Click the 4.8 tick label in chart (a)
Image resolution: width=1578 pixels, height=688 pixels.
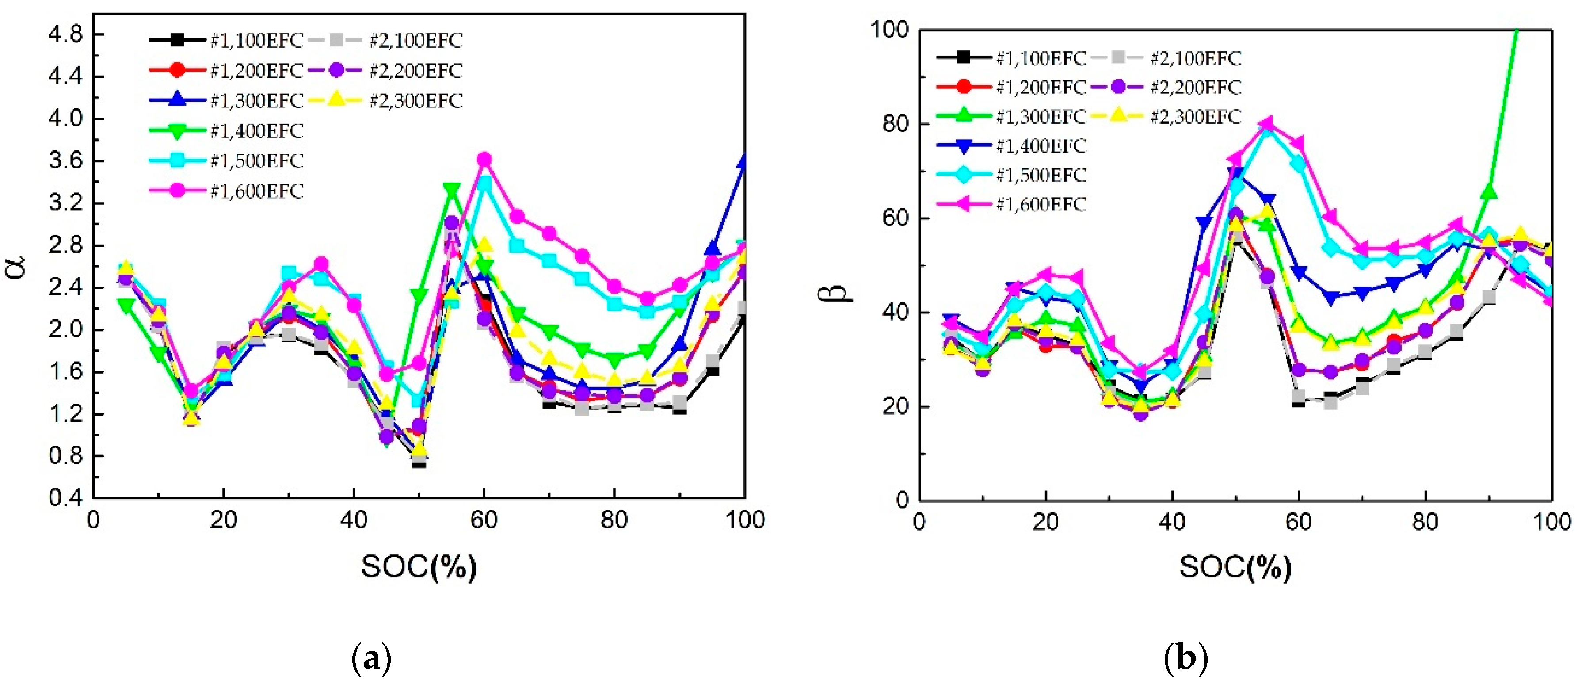pos(65,34)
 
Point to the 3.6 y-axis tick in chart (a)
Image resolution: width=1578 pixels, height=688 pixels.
pos(65,161)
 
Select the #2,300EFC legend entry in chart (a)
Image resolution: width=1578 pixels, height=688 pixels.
pos(386,100)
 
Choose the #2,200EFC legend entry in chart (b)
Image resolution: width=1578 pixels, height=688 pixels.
pos(1167,87)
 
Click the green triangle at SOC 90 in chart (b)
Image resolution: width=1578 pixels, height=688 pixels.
pos(1489,192)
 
